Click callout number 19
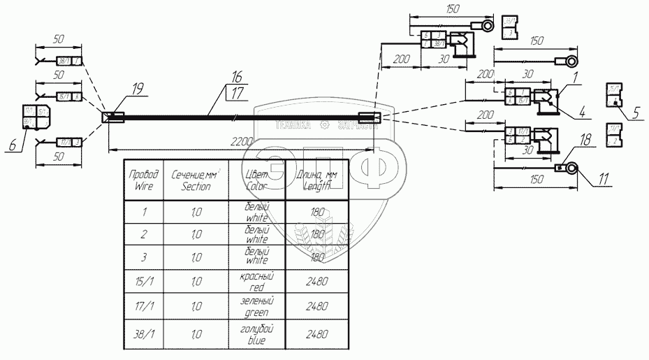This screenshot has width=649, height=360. pos(137,88)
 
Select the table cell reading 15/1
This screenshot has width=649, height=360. pos(143,282)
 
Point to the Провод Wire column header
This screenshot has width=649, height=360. pos(143,180)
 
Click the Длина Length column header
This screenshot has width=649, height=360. pos(317,180)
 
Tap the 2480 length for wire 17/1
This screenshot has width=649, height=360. pos(317,309)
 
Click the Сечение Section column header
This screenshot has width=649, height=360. pos(196,180)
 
